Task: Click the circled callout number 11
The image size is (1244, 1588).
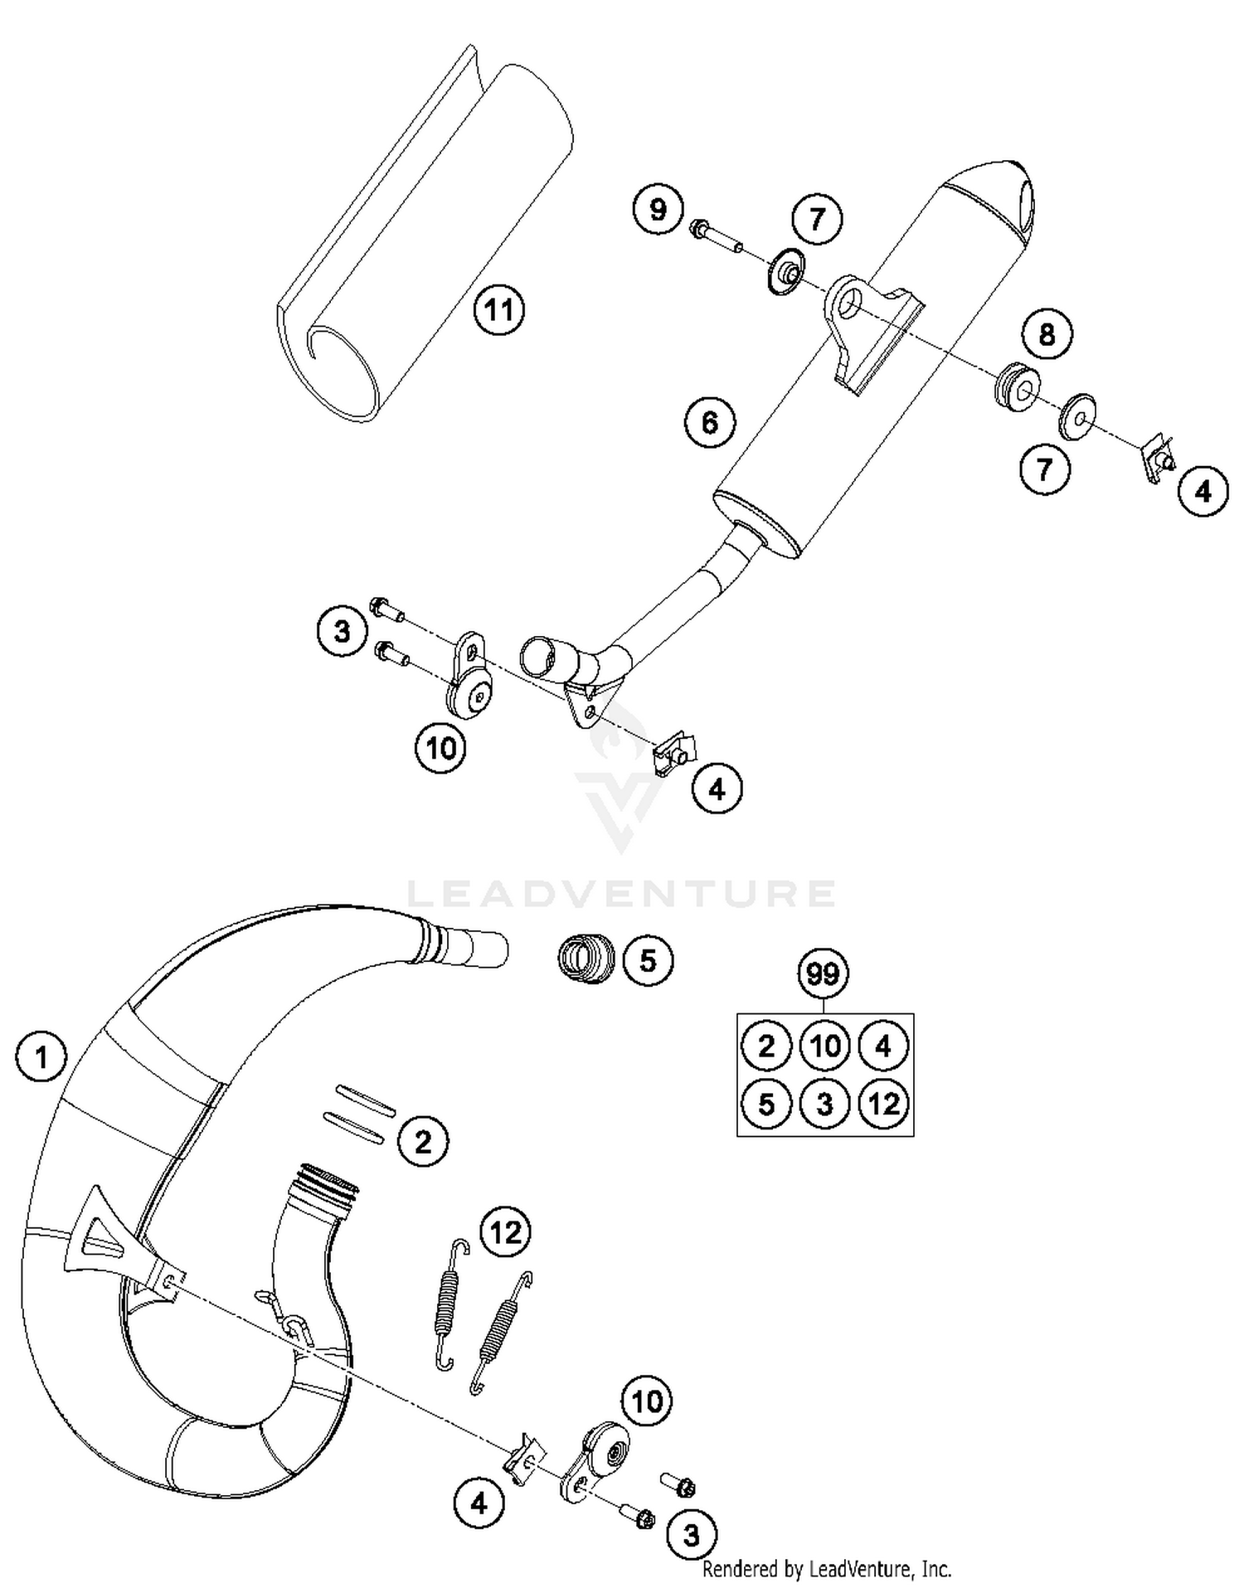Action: click(499, 310)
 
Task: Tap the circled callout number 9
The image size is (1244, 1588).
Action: click(658, 210)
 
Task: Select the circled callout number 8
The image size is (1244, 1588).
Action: click(1047, 334)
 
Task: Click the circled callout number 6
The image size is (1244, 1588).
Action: click(710, 423)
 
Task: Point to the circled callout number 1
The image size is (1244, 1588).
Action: click(41, 1057)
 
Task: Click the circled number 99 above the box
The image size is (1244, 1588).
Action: click(824, 974)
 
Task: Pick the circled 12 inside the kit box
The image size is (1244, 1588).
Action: click(883, 1104)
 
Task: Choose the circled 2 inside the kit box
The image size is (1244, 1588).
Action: click(765, 1046)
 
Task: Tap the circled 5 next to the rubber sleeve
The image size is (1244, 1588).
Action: click(648, 961)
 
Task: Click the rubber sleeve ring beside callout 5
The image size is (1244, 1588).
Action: click(586, 959)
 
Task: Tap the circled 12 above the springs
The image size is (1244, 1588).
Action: click(506, 1232)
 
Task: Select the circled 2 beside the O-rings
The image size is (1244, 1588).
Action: click(423, 1142)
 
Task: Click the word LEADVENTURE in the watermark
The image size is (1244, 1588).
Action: click(622, 893)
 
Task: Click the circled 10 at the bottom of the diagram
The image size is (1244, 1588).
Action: click(647, 1401)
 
